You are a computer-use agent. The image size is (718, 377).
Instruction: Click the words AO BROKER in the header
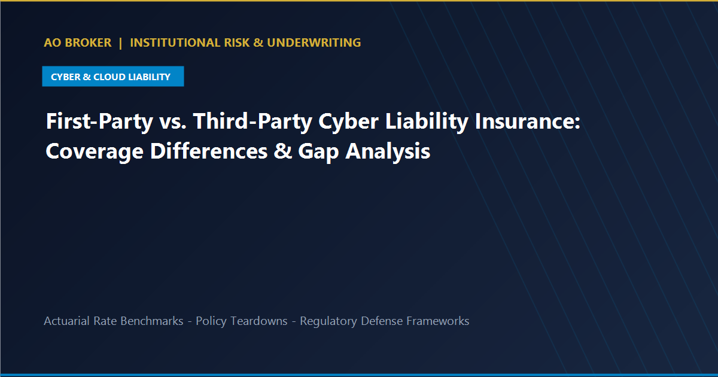78,42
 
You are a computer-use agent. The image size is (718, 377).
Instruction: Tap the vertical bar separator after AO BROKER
120,43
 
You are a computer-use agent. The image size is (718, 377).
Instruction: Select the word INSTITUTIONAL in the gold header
175,42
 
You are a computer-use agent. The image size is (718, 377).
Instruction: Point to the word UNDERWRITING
314,42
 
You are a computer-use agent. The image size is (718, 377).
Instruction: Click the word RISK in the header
237,42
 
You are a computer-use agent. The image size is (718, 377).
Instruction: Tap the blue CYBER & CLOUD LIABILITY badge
113,77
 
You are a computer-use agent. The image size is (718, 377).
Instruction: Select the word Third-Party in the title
252,121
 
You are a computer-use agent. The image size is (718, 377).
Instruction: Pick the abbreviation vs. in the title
173,122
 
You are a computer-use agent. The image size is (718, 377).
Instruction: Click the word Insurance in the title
527,121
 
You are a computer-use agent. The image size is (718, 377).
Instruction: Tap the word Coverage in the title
95,151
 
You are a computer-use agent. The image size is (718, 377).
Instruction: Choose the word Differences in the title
209,151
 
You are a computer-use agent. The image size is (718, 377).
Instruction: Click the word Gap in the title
318,151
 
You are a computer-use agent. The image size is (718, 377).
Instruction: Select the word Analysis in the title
388,151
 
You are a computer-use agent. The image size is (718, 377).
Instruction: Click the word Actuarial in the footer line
66,321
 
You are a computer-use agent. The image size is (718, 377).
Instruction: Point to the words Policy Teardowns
242,321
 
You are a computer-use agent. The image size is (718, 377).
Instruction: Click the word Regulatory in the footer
328,321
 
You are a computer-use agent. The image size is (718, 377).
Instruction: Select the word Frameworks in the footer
438,321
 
